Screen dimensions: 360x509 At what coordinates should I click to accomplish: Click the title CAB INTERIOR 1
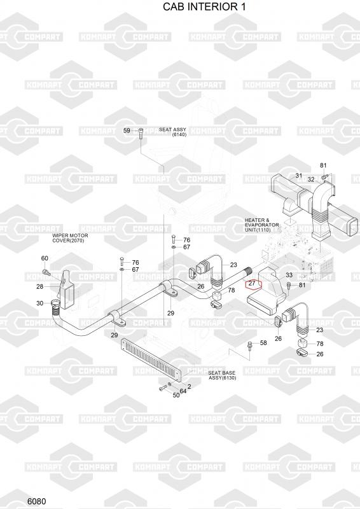pyautogui.click(x=204, y=6)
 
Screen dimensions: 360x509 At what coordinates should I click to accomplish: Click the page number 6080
pyautogui.click(x=37, y=501)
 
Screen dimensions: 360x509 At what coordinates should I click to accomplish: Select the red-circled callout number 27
pyautogui.click(x=252, y=283)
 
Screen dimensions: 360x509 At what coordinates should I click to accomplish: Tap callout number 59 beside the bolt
pyautogui.click(x=127, y=130)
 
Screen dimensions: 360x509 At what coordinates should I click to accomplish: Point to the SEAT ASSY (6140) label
pyautogui.click(x=173, y=132)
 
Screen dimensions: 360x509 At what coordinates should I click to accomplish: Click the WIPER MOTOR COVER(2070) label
pyautogui.click(x=70, y=238)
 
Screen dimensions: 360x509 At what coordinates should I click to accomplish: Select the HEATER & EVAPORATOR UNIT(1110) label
pyautogui.click(x=261, y=225)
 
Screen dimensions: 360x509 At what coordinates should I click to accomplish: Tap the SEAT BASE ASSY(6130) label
pyautogui.click(x=222, y=375)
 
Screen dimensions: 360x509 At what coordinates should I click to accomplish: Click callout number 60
pyautogui.click(x=45, y=258)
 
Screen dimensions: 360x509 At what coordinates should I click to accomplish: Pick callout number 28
pyautogui.click(x=39, y=287)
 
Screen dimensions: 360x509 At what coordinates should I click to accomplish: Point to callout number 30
pyautogui.click(x=39, y=303)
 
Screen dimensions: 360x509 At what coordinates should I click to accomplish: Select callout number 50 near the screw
pyautogui.click(x=176, y=395)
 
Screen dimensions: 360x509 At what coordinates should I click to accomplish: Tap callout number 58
pyautogui.click(x=263, y=342)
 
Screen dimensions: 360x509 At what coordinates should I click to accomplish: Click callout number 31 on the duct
pyautogui.click(x=299, y=176)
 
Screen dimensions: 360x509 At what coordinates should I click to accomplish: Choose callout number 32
pyautogui.click(x=311, y=179)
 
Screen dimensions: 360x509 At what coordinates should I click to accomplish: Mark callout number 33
pyautogui.click(x=289, y=275)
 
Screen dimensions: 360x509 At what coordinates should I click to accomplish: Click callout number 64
pyautogui.click(x=183, y=391)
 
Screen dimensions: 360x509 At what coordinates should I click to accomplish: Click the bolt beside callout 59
pyautogui.click(x=141, y=134)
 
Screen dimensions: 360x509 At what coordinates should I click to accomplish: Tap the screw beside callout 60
pyautogui.click(x=46, y=272)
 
